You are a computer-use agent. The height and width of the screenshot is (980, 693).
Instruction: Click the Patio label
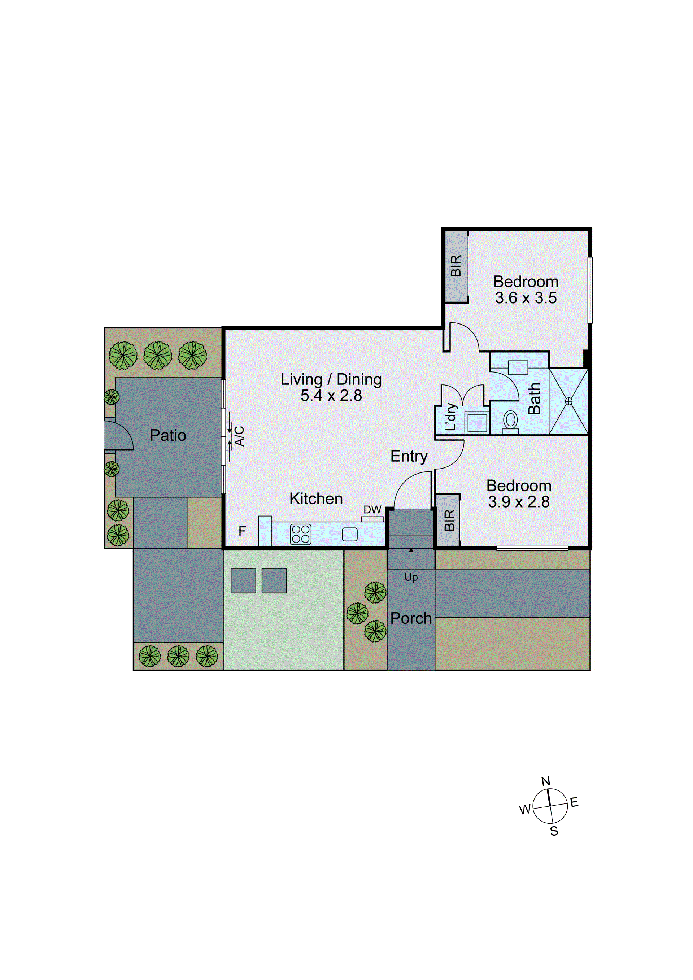point(168,435)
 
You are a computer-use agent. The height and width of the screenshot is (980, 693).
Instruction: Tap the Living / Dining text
point(331,379)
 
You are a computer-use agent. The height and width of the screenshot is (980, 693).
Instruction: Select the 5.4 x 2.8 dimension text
point(331,396)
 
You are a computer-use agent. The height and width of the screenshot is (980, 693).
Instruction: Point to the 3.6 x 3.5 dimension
point(526,298)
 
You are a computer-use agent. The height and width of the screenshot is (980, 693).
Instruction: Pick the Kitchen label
point(316,498)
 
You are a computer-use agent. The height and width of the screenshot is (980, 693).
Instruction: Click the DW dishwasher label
point(372,510)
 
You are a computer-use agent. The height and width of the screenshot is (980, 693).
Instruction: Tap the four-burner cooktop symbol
point(300,534)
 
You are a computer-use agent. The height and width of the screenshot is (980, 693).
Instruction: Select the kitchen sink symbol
point(349,534)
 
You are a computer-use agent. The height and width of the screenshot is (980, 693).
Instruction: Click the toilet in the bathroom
point(510,421)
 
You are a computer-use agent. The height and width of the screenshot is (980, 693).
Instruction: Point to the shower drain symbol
point(568,401)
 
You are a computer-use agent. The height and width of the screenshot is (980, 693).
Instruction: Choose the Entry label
point(409,456)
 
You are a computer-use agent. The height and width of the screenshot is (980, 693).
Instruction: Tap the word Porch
point(411,618)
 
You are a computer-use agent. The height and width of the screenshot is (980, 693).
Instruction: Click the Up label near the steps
point(411,578)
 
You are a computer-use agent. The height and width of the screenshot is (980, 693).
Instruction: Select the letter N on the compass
point(546,781)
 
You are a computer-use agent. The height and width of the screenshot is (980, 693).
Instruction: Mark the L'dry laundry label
point(451,417)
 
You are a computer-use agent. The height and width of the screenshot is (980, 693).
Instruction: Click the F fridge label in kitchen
point(242,531)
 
